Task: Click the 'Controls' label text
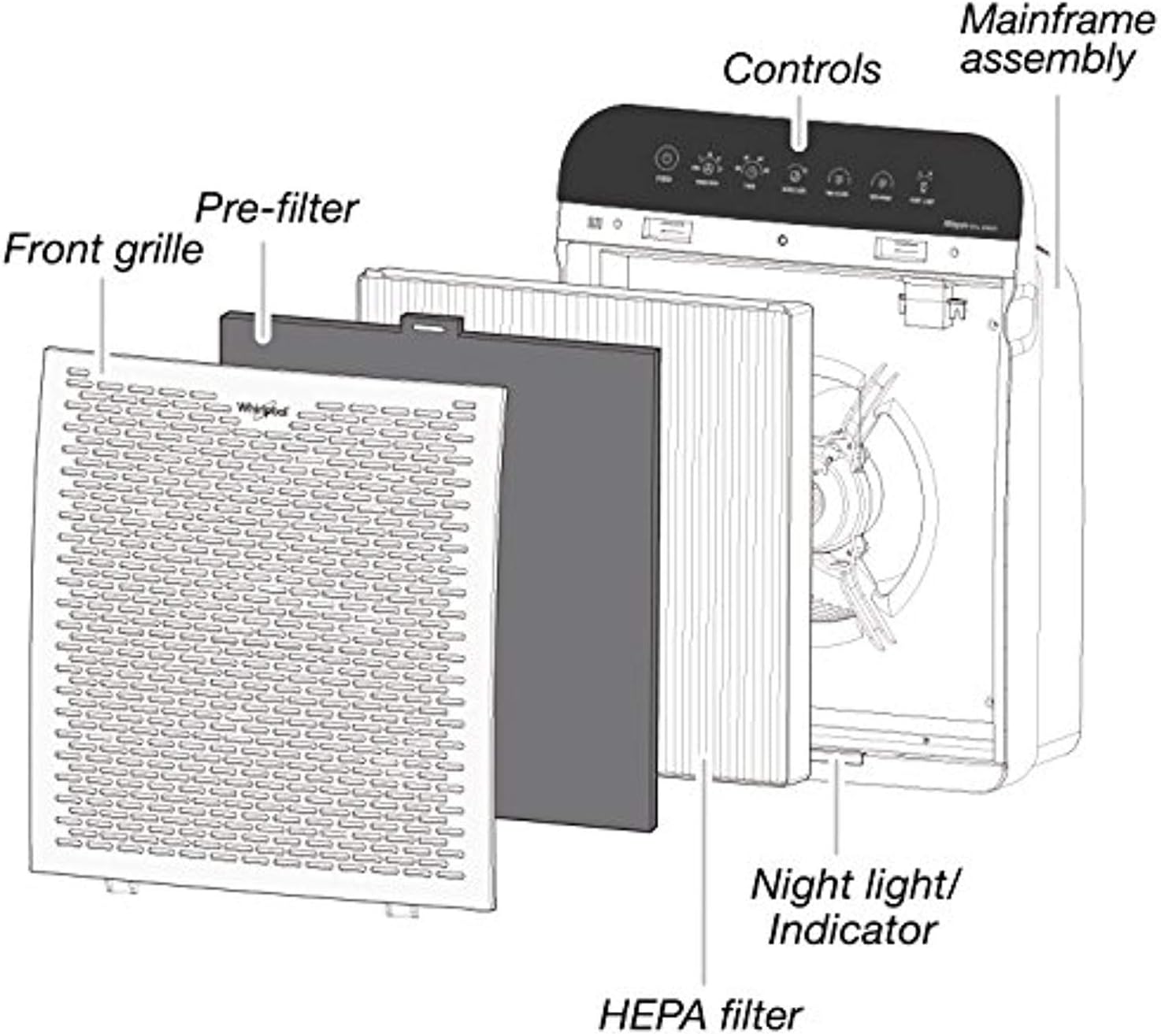pyautogui.click(x=801, y=69)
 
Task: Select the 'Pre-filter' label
pyautogui.click(x=276, y=208)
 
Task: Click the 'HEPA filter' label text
pyautogui.click(x=700, y=1014)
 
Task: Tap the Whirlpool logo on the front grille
pyautogui.click(x=263, y=409)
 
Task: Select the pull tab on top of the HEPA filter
pyautogui.click(x=431, y=322)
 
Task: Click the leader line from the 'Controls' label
pyautogui.click(x=800, y=118)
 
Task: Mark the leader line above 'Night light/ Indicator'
pyautogui.click(x=836, y=811)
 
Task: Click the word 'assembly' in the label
pyautogui.click(x=1048, y=60)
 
